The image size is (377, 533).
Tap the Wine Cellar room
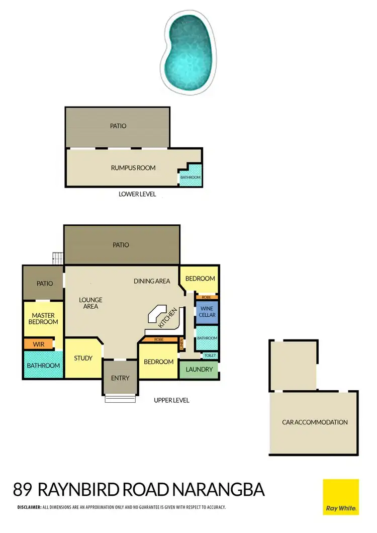tap(207, 311)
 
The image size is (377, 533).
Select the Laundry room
tap(199, 370)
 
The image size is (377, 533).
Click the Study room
tap(83, 359)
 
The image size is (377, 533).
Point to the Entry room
tap(120, 378)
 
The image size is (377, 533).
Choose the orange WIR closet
tap(39, 344)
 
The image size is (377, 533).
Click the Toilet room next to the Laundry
tap(210, 356)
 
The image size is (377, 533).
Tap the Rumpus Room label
tap(133, 168)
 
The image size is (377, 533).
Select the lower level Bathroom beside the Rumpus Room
tap(191, 177)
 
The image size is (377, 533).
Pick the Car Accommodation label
tap(315, 422)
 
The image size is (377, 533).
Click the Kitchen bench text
tap(168, 318)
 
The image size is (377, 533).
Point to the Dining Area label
tap(152, 281)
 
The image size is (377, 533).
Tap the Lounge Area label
tap(90, 303)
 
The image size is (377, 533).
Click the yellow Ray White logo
tap(340, 497)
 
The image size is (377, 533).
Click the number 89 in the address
tap(23, 490)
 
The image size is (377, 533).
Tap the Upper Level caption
tap(172, 400)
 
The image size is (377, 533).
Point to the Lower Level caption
tap(137, 194)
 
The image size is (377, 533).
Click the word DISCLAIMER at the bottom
tap(29, 507)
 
